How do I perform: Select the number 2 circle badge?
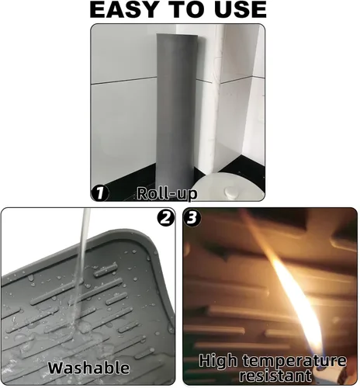(165, 219)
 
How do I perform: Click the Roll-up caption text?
(167, 193)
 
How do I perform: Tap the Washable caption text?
(88, 367)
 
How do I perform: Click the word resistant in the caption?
(271, 375)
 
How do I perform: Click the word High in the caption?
(217, 360)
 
